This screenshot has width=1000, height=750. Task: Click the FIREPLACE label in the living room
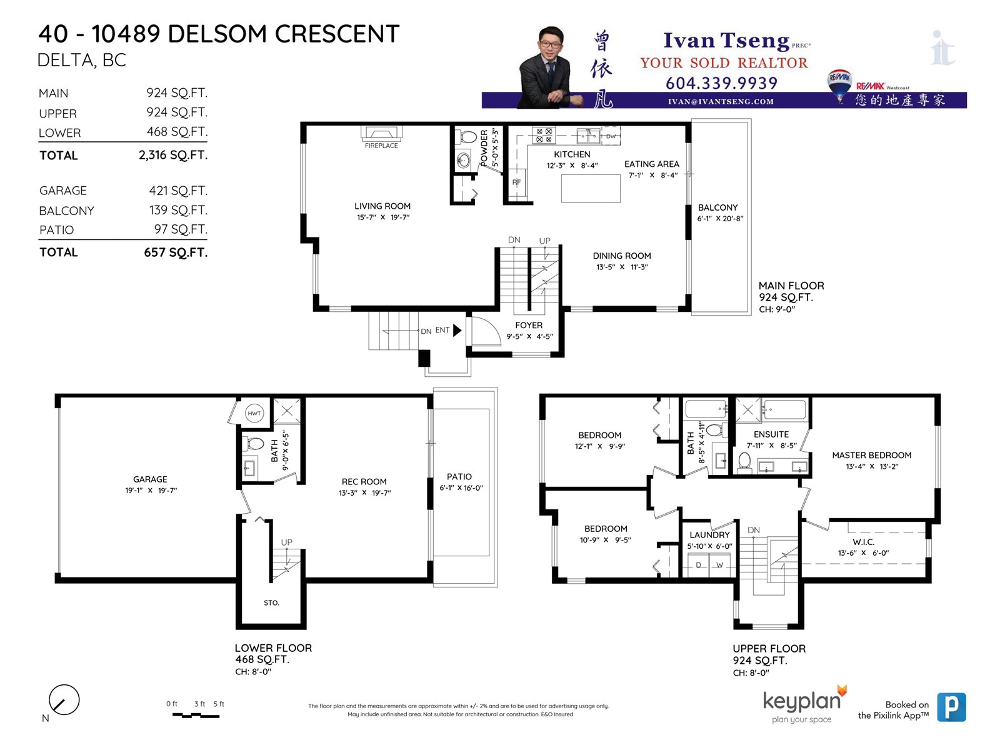click(381, 146)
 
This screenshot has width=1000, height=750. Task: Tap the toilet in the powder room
click(466, 137)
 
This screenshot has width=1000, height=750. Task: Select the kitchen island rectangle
click(591, 189)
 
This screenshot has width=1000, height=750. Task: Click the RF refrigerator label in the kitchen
click(516, 182)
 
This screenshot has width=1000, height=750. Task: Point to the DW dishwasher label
click(611, 136)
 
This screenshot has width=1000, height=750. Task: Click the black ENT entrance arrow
click(457, 330)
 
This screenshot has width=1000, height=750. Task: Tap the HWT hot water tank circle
click(254, 414)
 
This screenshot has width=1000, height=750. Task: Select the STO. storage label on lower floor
click(271, 603)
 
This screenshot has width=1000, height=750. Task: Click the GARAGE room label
click(150, 479)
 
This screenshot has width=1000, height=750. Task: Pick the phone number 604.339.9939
click(721, 83)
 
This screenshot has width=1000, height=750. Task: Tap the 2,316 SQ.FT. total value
click(173, 155)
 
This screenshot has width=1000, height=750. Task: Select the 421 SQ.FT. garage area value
click(178, 191)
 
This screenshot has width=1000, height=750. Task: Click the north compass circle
click(64, 699)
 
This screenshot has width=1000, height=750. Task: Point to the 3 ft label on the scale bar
click(199, 704)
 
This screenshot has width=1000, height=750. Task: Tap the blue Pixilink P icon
click(951, 707)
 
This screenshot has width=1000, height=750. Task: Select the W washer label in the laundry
click(719, 565)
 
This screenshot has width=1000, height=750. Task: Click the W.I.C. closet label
click(863, 542)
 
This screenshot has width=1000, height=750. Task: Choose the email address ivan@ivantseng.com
click(721, 101)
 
